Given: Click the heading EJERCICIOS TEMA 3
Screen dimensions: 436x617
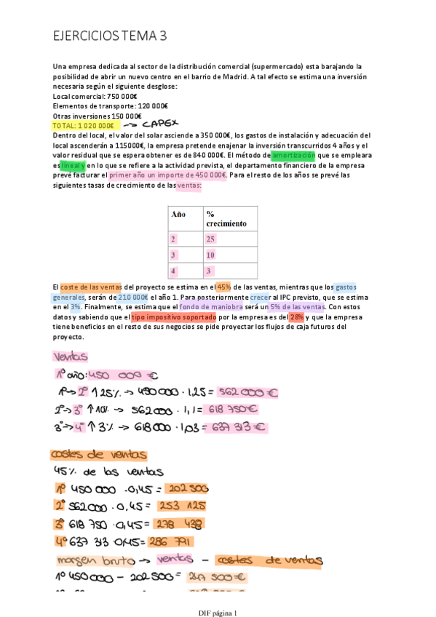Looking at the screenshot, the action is click(x=110, y=36).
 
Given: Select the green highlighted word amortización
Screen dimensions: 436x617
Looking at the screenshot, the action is click(x=293, y=155).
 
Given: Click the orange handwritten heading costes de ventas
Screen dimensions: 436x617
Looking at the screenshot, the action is click(x=98, y=455).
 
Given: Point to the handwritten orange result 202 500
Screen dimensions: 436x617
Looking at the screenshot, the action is click(x=188, y=489).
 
